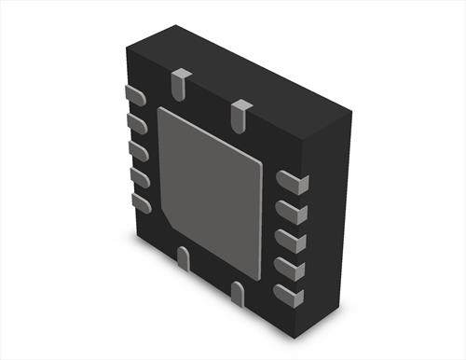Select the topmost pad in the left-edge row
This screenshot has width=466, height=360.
pyautogui.click(x=134, y=94)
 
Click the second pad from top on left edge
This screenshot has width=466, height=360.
pyautogui.click(x=137, y=122)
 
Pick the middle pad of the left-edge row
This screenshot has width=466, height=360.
pyautogui.click(x=139, y=149)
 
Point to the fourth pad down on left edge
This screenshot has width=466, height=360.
pyautogui.click(x=140, y=176)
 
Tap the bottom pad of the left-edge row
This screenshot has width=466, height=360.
pyautogui.click(x=142, y=202)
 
